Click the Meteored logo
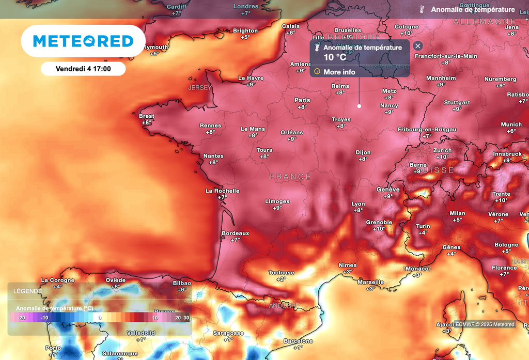coord(83,41)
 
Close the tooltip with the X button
coord(418,46)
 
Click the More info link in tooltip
coord(339,72)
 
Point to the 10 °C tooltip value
coord(335,57)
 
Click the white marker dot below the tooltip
coord(359,106)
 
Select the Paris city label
coord(302,100)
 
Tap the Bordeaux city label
coord(235,233)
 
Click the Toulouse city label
coord(281,273)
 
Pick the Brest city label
coord(147,116)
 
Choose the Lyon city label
coord(358,204)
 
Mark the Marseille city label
coord(371,282)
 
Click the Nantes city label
coord(213,156)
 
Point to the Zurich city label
coord(442,151)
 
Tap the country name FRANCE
coord(290,177)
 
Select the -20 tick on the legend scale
coord(21,318)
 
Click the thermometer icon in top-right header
coord(422,9)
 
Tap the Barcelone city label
coord(299,341)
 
